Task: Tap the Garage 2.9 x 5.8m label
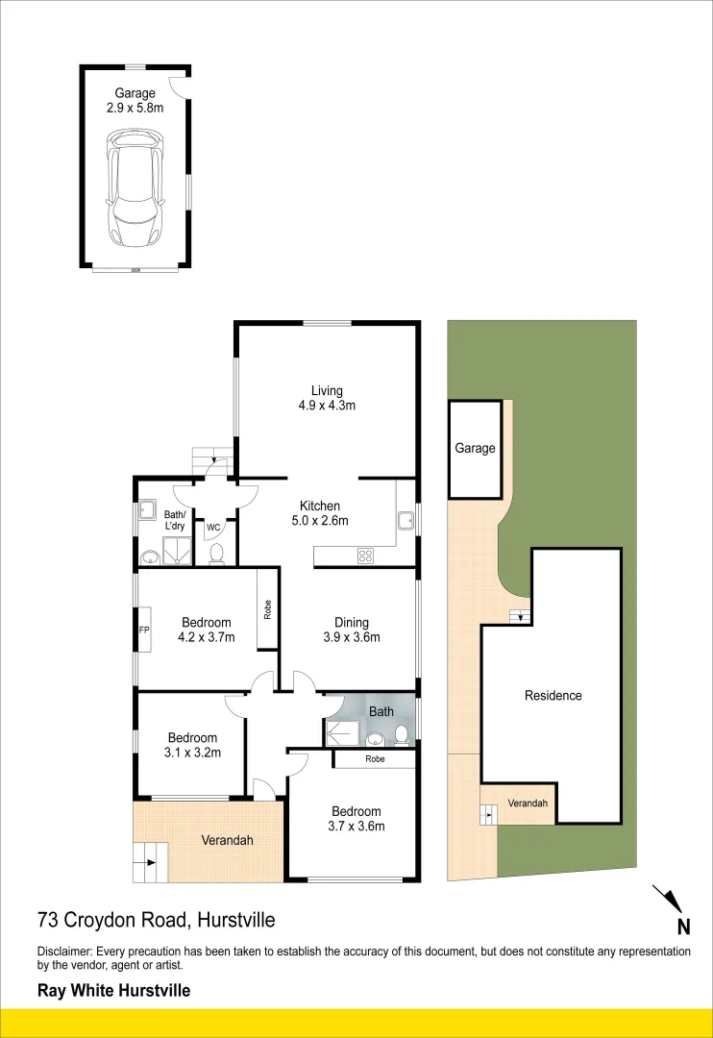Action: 135,101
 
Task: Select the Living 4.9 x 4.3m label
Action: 327,398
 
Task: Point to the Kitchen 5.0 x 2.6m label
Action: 320,513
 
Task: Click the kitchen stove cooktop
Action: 365,555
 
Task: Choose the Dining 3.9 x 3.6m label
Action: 352,630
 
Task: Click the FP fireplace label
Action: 144,630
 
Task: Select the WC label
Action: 213,527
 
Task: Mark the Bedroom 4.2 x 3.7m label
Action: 207,630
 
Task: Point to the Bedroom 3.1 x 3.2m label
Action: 192,745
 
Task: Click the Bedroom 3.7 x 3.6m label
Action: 356,818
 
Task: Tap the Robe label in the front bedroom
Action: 375,759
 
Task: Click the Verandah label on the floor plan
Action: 228,840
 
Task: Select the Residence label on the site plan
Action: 553,695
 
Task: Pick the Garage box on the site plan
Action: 475,449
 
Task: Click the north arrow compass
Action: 671,903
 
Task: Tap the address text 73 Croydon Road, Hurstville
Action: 157,920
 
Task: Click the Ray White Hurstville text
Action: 113,991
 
